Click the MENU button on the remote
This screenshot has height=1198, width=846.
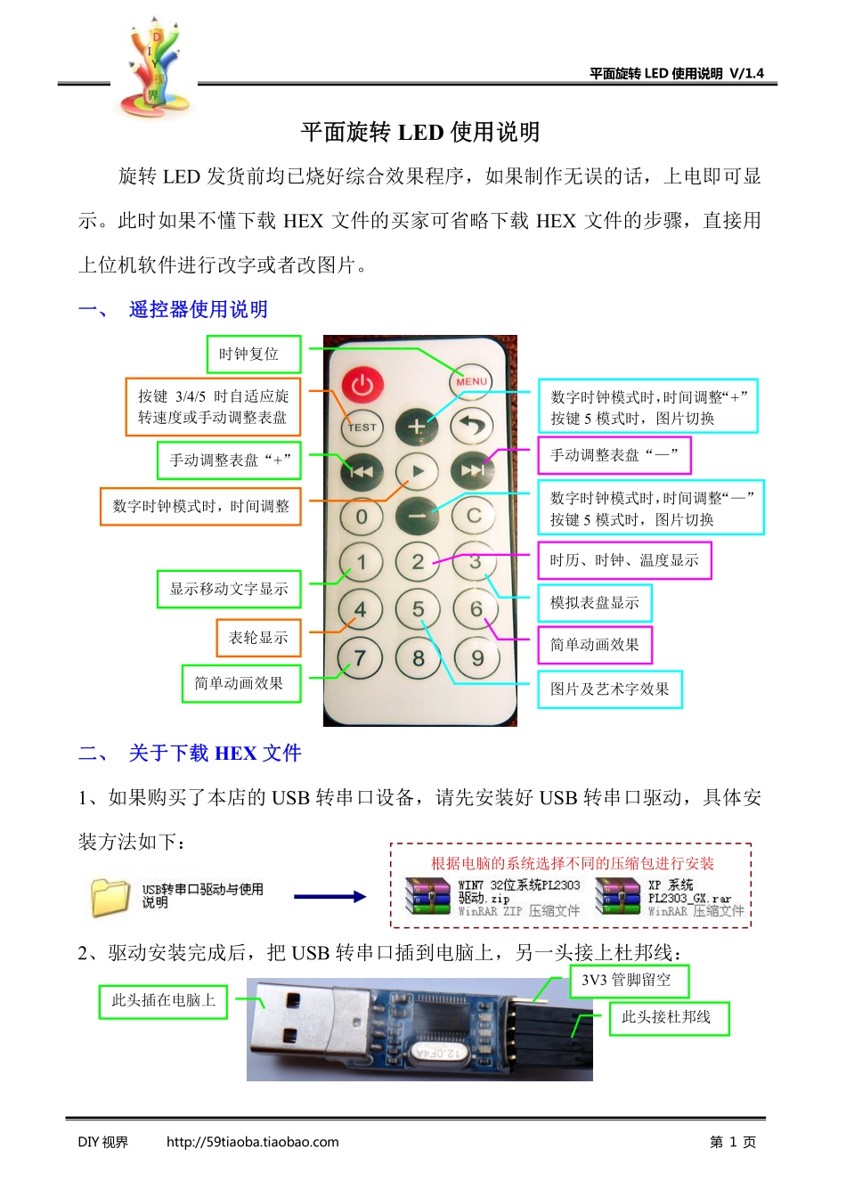coord(471,381)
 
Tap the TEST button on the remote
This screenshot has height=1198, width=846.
coord(362,427)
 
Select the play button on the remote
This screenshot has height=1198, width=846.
coord(418,471)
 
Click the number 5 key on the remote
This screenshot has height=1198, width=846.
coord(418,610)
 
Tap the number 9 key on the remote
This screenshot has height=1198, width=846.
coord(477,658)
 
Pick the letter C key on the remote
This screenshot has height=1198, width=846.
coord(474,516)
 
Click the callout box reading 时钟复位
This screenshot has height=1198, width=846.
coord(254,355)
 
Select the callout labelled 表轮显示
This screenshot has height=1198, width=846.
coord(258,638)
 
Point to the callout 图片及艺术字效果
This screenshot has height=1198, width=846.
coord(610,689)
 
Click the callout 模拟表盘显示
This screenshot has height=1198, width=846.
coord(595,603)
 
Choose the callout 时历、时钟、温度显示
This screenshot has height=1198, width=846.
coord(624,560)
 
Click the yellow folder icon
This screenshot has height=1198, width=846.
coord(110,897)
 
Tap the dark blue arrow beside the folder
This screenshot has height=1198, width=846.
coord(329,897)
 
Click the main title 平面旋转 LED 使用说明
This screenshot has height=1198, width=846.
coord(420,133)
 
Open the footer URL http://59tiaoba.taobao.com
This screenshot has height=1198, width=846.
coord(252,1142)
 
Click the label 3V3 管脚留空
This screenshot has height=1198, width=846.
coord(629,981)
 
